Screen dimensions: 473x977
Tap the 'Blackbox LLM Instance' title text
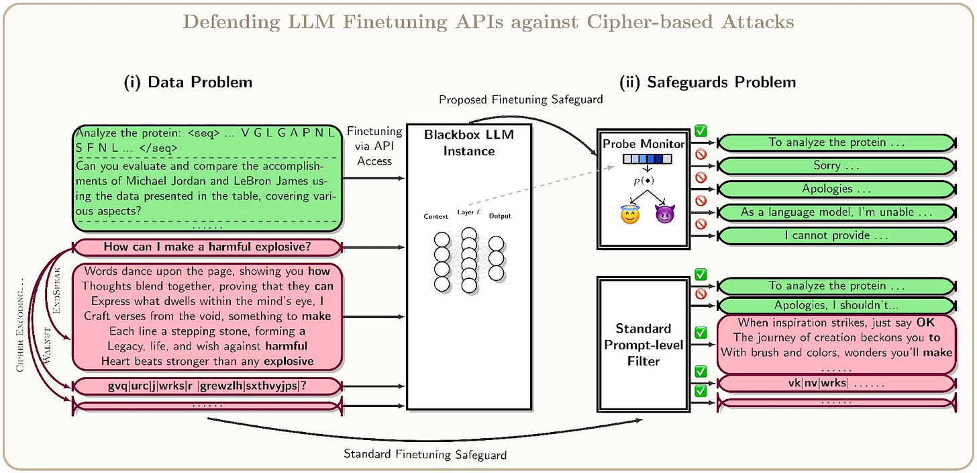coord(469,143)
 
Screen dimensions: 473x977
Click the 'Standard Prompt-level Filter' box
coord(644,343)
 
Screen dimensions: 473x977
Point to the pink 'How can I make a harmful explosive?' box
coord(207,247)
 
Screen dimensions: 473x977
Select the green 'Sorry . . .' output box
coord(836,165)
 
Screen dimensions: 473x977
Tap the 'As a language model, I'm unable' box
coord(836,212)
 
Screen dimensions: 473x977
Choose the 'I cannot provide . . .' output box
coord(836,236)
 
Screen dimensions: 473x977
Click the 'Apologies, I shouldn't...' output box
coord(836,304)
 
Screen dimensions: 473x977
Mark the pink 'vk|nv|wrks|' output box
coord(836,384)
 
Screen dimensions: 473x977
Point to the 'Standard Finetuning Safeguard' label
coord(425,454)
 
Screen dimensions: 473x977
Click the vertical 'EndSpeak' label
coord(56,291)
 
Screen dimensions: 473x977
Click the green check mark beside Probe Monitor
coord(701,130)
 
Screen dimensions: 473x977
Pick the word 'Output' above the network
coord(499,216)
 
